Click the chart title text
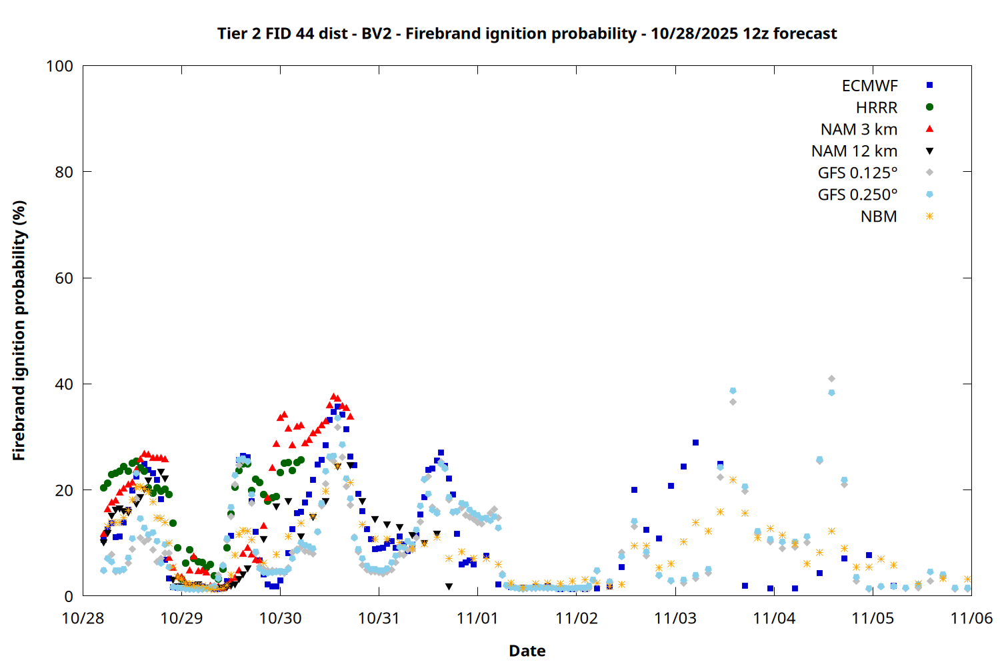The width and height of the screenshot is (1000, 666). tap(527, 33)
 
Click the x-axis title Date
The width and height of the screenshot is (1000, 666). tap(527, 651)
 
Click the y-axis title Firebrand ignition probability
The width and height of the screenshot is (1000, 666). tap(19, 330)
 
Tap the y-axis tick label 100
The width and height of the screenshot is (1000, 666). tap(59, 66)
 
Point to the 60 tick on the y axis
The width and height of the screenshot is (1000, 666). tap(64, 278)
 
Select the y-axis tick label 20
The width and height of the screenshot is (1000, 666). tap(64, 490)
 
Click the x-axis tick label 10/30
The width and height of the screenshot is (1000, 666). tap(280, 618)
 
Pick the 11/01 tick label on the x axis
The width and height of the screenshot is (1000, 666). tap(477, 618)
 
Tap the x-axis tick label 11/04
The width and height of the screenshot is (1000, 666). tap(774, 618)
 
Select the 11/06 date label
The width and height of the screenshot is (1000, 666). tap(971, 618)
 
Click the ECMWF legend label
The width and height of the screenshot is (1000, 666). tap(869, 86)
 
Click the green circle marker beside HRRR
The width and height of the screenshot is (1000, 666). tap(929, 107)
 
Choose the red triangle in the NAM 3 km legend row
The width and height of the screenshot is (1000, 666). tap(929, 129)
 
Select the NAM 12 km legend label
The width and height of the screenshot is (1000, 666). tap(854, 151)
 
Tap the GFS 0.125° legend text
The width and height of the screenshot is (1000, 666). tap(857, 173)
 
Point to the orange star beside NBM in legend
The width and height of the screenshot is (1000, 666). tap(929, 216)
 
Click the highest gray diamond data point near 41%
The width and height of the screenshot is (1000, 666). tap(831, 379)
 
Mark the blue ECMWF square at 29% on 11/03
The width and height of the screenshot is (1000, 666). tap(695, 442)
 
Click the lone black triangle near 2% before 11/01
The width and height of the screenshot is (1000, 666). tap(449, 587)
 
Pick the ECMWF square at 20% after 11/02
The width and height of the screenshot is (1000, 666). tap(634, 490)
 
